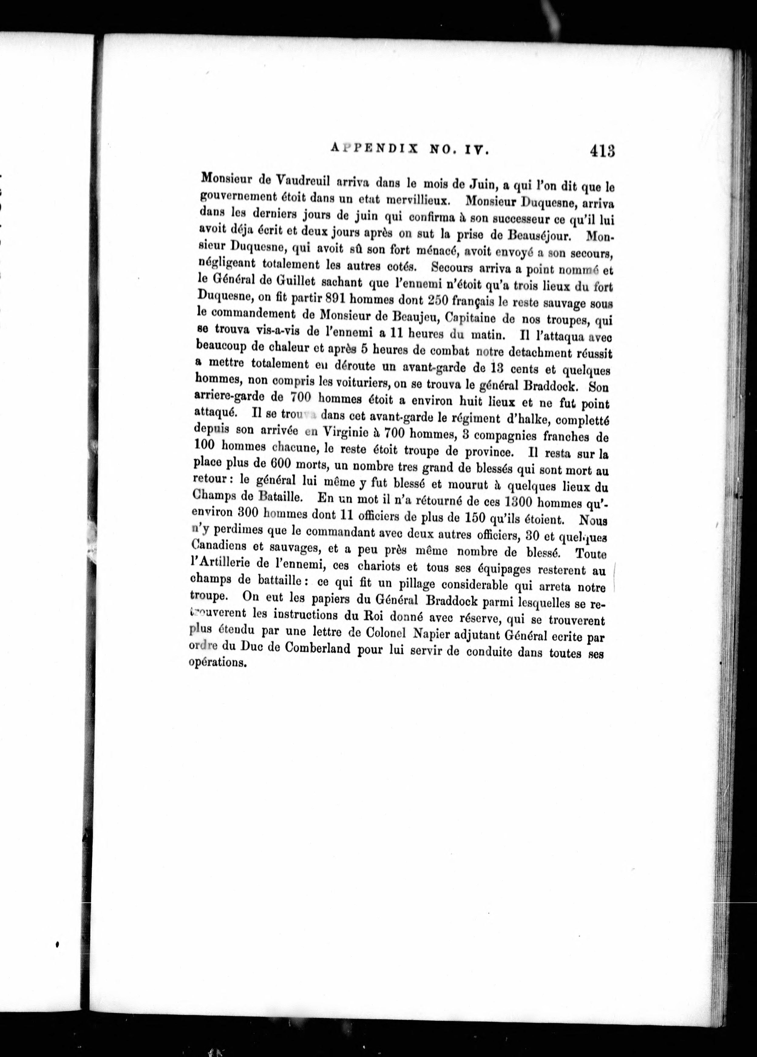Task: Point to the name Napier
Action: [431, 633]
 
